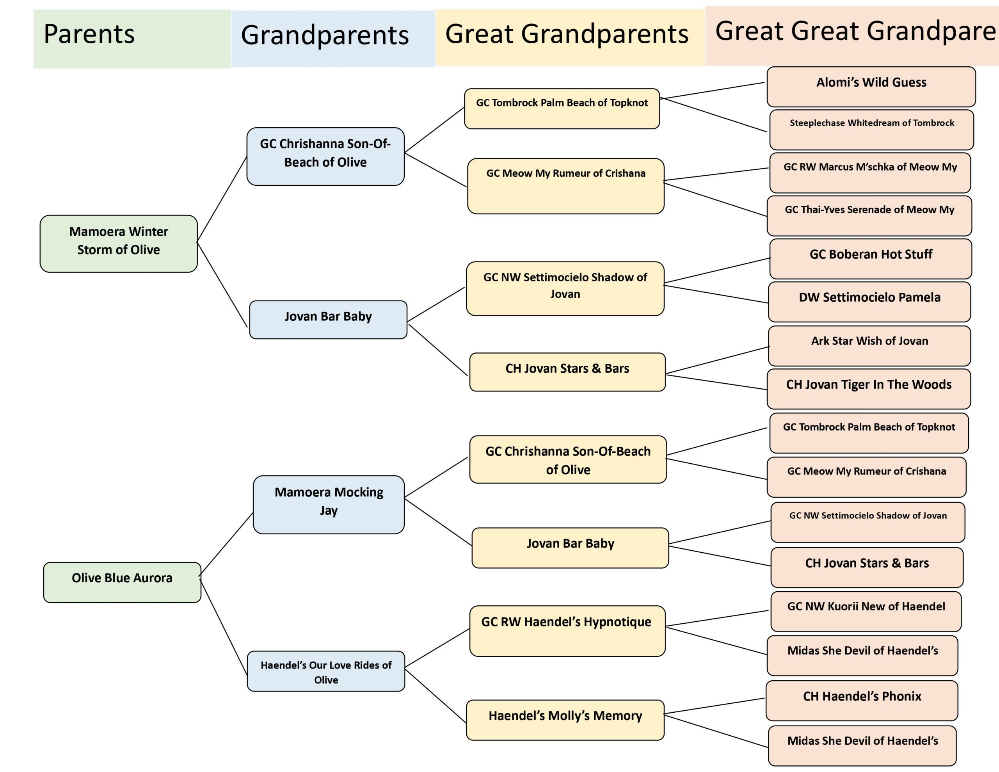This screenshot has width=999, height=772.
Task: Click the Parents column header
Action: point(132,39)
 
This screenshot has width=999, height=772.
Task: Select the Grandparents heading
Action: point(333,39)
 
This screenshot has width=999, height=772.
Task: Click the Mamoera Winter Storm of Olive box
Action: point(119,244)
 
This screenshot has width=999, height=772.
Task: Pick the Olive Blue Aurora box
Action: point(122,582)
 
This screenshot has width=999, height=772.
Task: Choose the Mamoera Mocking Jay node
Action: point(329,504)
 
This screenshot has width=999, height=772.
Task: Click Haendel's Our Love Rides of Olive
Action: point(326,671)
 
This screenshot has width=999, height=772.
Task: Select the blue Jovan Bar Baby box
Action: point(328,319)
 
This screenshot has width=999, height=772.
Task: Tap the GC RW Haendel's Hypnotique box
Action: point(567,631)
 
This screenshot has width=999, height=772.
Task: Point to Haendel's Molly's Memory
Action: point(565,719)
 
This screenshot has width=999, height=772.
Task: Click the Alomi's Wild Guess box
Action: point(871,87)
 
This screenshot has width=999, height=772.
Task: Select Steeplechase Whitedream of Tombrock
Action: point(871,130)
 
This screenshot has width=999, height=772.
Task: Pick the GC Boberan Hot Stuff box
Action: point(871,258)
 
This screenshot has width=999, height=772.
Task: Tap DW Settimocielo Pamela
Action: point(869,302)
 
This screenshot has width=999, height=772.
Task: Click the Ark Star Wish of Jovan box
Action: point(869,345)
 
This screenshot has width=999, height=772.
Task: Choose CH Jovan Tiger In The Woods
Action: point(868,388)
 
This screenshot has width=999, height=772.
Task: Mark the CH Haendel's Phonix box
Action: point(862,700)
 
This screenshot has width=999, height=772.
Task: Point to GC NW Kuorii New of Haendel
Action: point(866,611)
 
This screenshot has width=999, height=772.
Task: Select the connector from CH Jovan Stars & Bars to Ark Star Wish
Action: point(717,361)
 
